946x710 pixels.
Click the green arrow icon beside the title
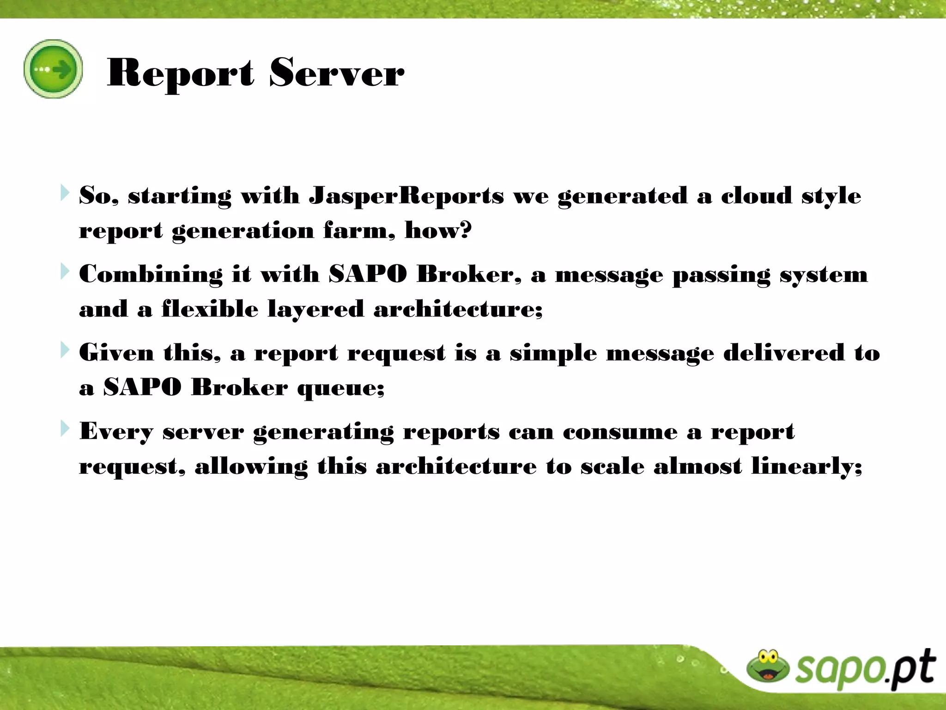tap(53, 69)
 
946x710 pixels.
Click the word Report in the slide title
tap(180, 73)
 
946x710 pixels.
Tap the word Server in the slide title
tap(336, 73)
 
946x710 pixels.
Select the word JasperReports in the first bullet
tap(406, 196)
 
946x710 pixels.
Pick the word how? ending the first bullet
tap(438, 230)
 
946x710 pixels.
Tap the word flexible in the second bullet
tap(210, 308)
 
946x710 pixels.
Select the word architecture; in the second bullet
tap(458, 308)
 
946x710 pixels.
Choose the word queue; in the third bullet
tap(340, 387)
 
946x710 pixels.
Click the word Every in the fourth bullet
tap(115, 432)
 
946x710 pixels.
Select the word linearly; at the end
tap(807, 466)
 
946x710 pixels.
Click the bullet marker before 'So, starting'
tap(65, 193)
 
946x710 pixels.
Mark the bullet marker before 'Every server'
tap(65, 429)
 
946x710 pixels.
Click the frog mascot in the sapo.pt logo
tap(768, 666)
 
